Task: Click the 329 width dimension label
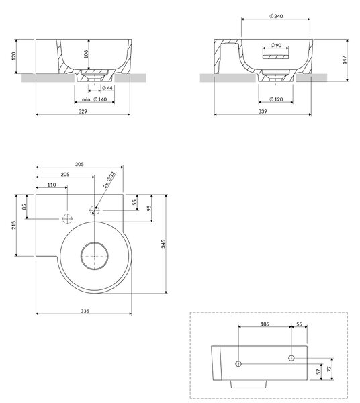pyautogui.click(x=83, y=111)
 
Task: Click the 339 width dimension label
pyautogui.click(x=263, y=111)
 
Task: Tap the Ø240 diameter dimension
pyautogui.click(x=276, y=16)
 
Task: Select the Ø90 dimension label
pyautogui.click(x=276, y=45)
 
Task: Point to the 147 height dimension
pyautogui.click(x=345, y=60)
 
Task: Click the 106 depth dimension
pyautogui.click(x=86, y=54)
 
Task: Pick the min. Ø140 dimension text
pyautogui.click(x=94, y=99)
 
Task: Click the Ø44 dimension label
pyautogui.click(x=107, y=88)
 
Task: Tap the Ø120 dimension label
pyautogui.click(x=276, y=99)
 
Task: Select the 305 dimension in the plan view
pyautogui.click(x=79, y=164)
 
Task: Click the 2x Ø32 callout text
pyautogui.click(x=109, y=180)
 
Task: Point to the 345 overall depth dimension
pyautogui.click(x=163, y=244)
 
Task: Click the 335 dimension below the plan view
pyautogui.click(x=85, y=311)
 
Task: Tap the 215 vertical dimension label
pyautogui.click(x=13, y=225)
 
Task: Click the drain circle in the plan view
pyautogui.click(x=94, y=256)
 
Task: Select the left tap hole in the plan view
pyautogui.click(x=67, y=219)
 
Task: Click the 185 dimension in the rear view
pyautogui.click(x=265, y=324)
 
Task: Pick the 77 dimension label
pyautogui.click(x=329, y=369)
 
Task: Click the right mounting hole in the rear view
pyautogui.click(x=291, y=358)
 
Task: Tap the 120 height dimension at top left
pyautogui.click(x=13, y=56)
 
